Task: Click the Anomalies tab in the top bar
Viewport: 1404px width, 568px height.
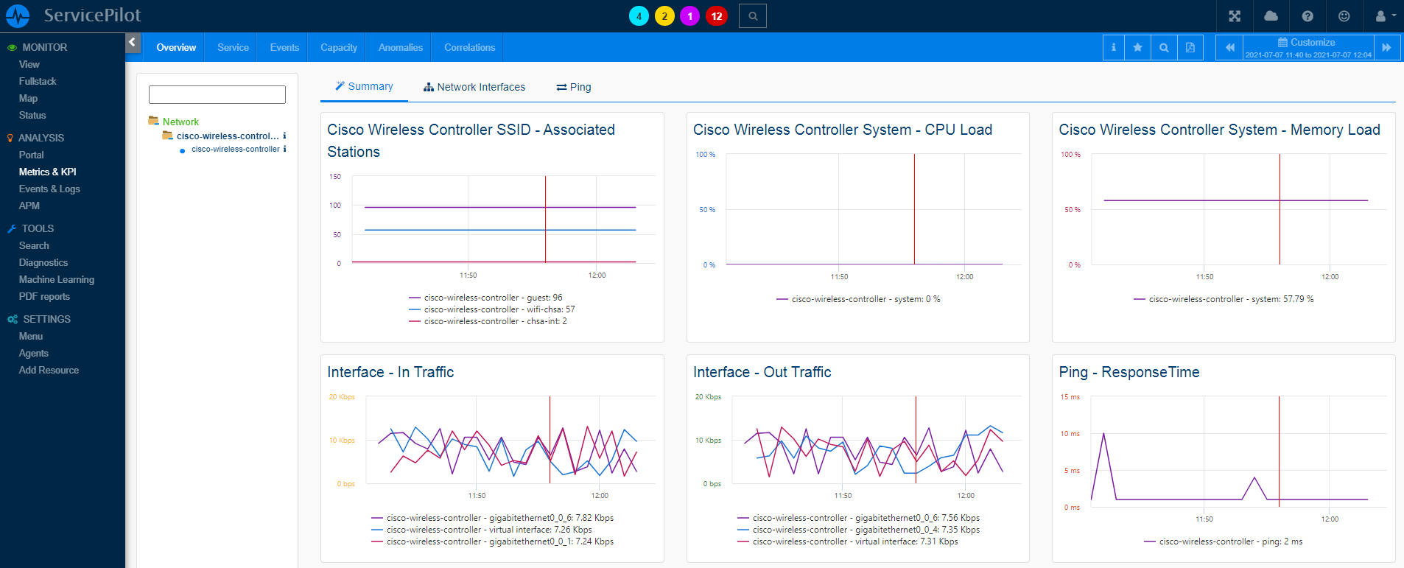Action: tap(400, 47)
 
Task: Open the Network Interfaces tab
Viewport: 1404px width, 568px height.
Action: tap(474, 87)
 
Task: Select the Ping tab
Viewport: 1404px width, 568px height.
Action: tap(574, 87)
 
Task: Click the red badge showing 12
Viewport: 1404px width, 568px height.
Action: tap(716, 16)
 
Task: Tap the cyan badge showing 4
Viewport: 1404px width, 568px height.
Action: tap(639, 16)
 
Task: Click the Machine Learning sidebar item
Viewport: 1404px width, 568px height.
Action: tap(57, 279)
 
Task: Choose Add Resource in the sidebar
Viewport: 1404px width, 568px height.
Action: tap(49, 370)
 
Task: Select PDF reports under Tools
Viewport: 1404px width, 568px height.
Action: tap(44, 296)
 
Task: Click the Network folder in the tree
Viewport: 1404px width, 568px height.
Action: tap(180, 122)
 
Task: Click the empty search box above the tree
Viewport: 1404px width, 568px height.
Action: tap(217, 94)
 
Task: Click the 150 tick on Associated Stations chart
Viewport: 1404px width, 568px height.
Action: tap(335, 177)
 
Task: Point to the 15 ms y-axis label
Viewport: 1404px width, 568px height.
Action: tap(1070, 397)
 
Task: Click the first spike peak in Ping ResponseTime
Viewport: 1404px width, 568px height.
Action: tap(1103, 434)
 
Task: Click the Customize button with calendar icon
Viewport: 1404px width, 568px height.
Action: tap(1308, 43)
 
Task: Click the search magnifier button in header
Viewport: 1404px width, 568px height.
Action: tap(753, 16)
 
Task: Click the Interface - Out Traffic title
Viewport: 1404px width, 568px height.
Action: tap(762, 372)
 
